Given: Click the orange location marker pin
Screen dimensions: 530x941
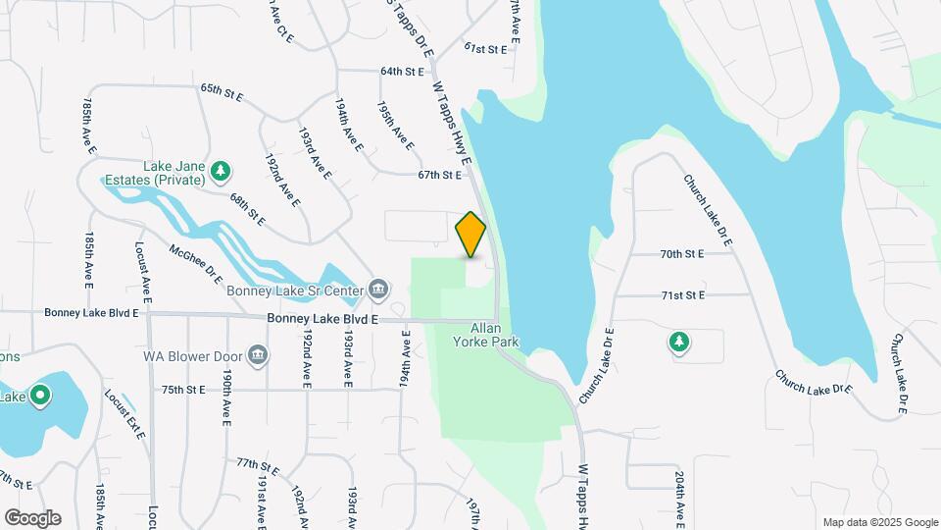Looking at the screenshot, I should tap(471, 235).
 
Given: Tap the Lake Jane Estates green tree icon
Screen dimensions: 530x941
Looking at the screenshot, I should tap(222, 172).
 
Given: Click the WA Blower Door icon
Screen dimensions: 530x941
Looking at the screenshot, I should tap(258, 354).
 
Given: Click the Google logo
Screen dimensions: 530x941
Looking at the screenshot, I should tap(32, 517).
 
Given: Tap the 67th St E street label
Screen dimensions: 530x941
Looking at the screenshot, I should tap(438, 176).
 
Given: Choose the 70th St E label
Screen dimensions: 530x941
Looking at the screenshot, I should tap(682, 253).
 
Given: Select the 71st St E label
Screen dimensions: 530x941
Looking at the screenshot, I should tap(683, 294).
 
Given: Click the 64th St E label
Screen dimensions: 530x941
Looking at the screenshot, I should tap(402, 72).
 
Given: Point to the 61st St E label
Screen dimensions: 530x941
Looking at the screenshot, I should tap(485, 48).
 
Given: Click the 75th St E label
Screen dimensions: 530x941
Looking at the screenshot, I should tap(183, 390).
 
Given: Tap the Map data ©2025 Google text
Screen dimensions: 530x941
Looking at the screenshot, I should tap(879, 522).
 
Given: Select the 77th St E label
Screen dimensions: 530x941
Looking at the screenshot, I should tap(258, 465).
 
